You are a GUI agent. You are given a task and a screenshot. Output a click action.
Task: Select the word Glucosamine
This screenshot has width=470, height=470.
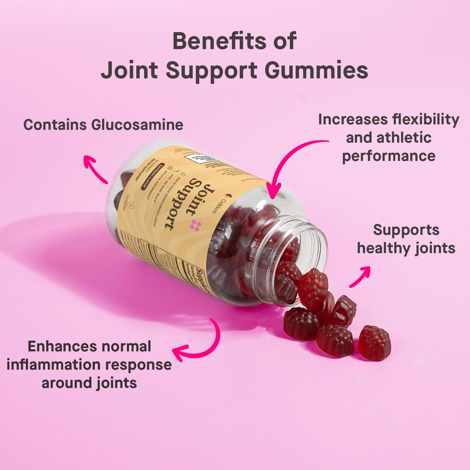coord(137,125)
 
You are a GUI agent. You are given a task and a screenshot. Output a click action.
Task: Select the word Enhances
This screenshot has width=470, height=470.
coord(62,346)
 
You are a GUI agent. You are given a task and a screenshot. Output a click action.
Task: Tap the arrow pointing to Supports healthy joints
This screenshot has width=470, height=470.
coord(361,277)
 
